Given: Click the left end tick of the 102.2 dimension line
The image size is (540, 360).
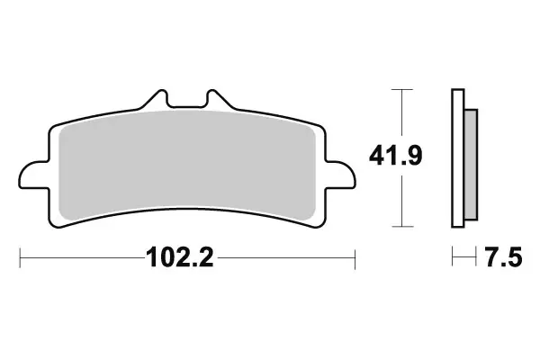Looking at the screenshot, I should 20,261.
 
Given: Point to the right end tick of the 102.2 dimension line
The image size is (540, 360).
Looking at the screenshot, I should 355,261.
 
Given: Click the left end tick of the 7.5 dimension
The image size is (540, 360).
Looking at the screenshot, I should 452,261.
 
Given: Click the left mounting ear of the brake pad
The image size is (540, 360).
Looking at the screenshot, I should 32,173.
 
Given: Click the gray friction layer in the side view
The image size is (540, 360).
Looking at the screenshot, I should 469,157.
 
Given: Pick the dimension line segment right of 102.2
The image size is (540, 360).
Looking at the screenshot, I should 288,261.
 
